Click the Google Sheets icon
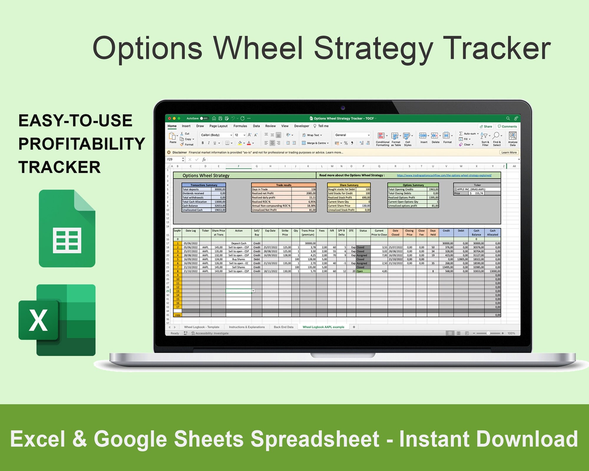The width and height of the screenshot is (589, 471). point(67,228)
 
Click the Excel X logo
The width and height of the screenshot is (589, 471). point(38,320)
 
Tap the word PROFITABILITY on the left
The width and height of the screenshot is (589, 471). point(82,144)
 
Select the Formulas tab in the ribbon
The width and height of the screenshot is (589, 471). point(240,126)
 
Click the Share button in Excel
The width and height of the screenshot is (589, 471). point(486,126)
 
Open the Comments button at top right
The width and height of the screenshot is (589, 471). point(507,126)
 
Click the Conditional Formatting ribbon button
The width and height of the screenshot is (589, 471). point(382,139)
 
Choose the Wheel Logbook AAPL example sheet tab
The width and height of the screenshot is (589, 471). point(323,327)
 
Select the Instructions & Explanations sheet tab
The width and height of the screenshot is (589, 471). point(246,327)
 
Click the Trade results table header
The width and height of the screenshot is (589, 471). point(284,185)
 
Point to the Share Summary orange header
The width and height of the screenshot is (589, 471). point(349,185)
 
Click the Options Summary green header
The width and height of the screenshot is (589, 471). point(413,185)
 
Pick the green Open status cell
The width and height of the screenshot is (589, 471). point(363,271)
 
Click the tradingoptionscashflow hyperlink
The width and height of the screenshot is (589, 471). point(444,175)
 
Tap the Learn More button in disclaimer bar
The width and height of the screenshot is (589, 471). point(509,152)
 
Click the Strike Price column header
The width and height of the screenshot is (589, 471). point(285,233)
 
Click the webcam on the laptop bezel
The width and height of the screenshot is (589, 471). point(343,108)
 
